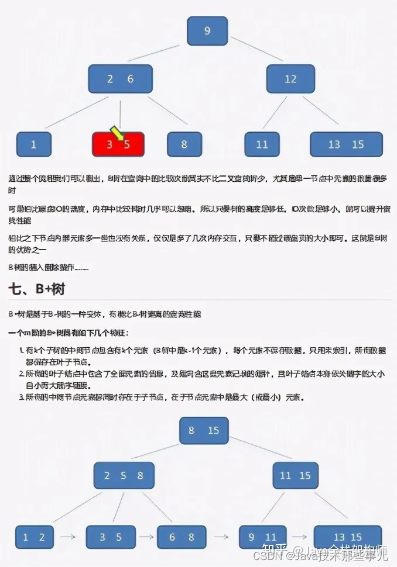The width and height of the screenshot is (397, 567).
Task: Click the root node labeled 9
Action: coord(207,31)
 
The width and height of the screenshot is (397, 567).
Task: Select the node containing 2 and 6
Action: coord(121,79)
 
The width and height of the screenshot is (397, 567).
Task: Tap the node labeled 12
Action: coord(290,79)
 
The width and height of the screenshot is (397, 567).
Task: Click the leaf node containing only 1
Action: coord(33,144)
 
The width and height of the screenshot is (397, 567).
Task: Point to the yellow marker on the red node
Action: coord(117,134)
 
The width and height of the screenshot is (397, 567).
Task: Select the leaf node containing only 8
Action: coord(184,144)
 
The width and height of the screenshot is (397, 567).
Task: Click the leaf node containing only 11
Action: coord(262,144)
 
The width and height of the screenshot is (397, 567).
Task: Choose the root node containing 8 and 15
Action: coord(204,430)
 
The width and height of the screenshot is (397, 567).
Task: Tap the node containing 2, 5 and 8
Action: coord(124,475)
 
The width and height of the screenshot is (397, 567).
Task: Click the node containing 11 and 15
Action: coord(295,475)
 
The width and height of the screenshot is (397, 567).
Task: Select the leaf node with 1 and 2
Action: coord(33,537)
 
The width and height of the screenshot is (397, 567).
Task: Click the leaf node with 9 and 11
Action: coord(262,537)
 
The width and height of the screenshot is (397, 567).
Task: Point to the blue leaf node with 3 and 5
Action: coord(111,537)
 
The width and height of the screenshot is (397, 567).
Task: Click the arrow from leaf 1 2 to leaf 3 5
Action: coord(69,537)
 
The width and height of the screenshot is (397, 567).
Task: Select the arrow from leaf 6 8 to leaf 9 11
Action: coord(221,537)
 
